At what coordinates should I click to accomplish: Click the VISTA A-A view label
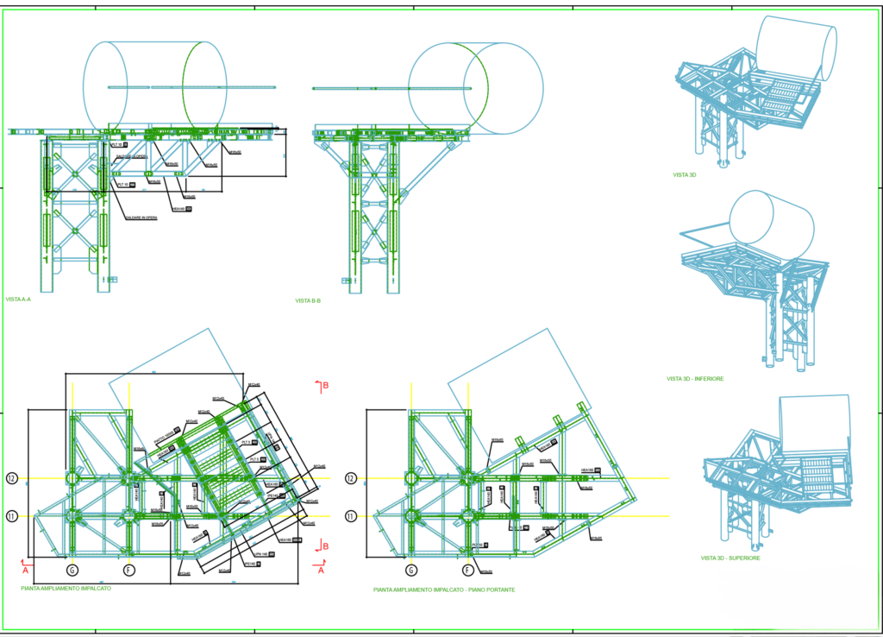[x=18, y=300]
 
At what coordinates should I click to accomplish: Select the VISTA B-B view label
[x=308, y=300]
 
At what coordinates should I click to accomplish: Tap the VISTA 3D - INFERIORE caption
[x=695, y=379]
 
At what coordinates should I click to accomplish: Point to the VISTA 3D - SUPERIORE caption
[x=730, y=558]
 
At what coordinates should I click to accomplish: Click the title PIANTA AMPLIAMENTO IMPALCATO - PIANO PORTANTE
[x=444, y=590]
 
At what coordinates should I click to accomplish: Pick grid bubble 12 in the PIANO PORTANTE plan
[x=351, y=478]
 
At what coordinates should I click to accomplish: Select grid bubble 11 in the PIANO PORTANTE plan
[x=351, y=516]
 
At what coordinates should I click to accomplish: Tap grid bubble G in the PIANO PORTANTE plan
[x=411, y=570]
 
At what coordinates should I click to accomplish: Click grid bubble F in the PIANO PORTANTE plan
[x=467, y=570]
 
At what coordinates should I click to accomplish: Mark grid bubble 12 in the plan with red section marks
[x=12, y=478]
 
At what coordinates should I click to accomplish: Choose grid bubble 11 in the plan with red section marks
[x=12, y=516]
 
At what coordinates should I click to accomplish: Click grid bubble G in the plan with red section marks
[x=72, y=570]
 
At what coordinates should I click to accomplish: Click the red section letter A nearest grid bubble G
[x=25, y=570]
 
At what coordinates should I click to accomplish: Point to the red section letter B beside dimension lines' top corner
[x=326, y=385]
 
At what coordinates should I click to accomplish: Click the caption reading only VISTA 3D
[x=685, y=174]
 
